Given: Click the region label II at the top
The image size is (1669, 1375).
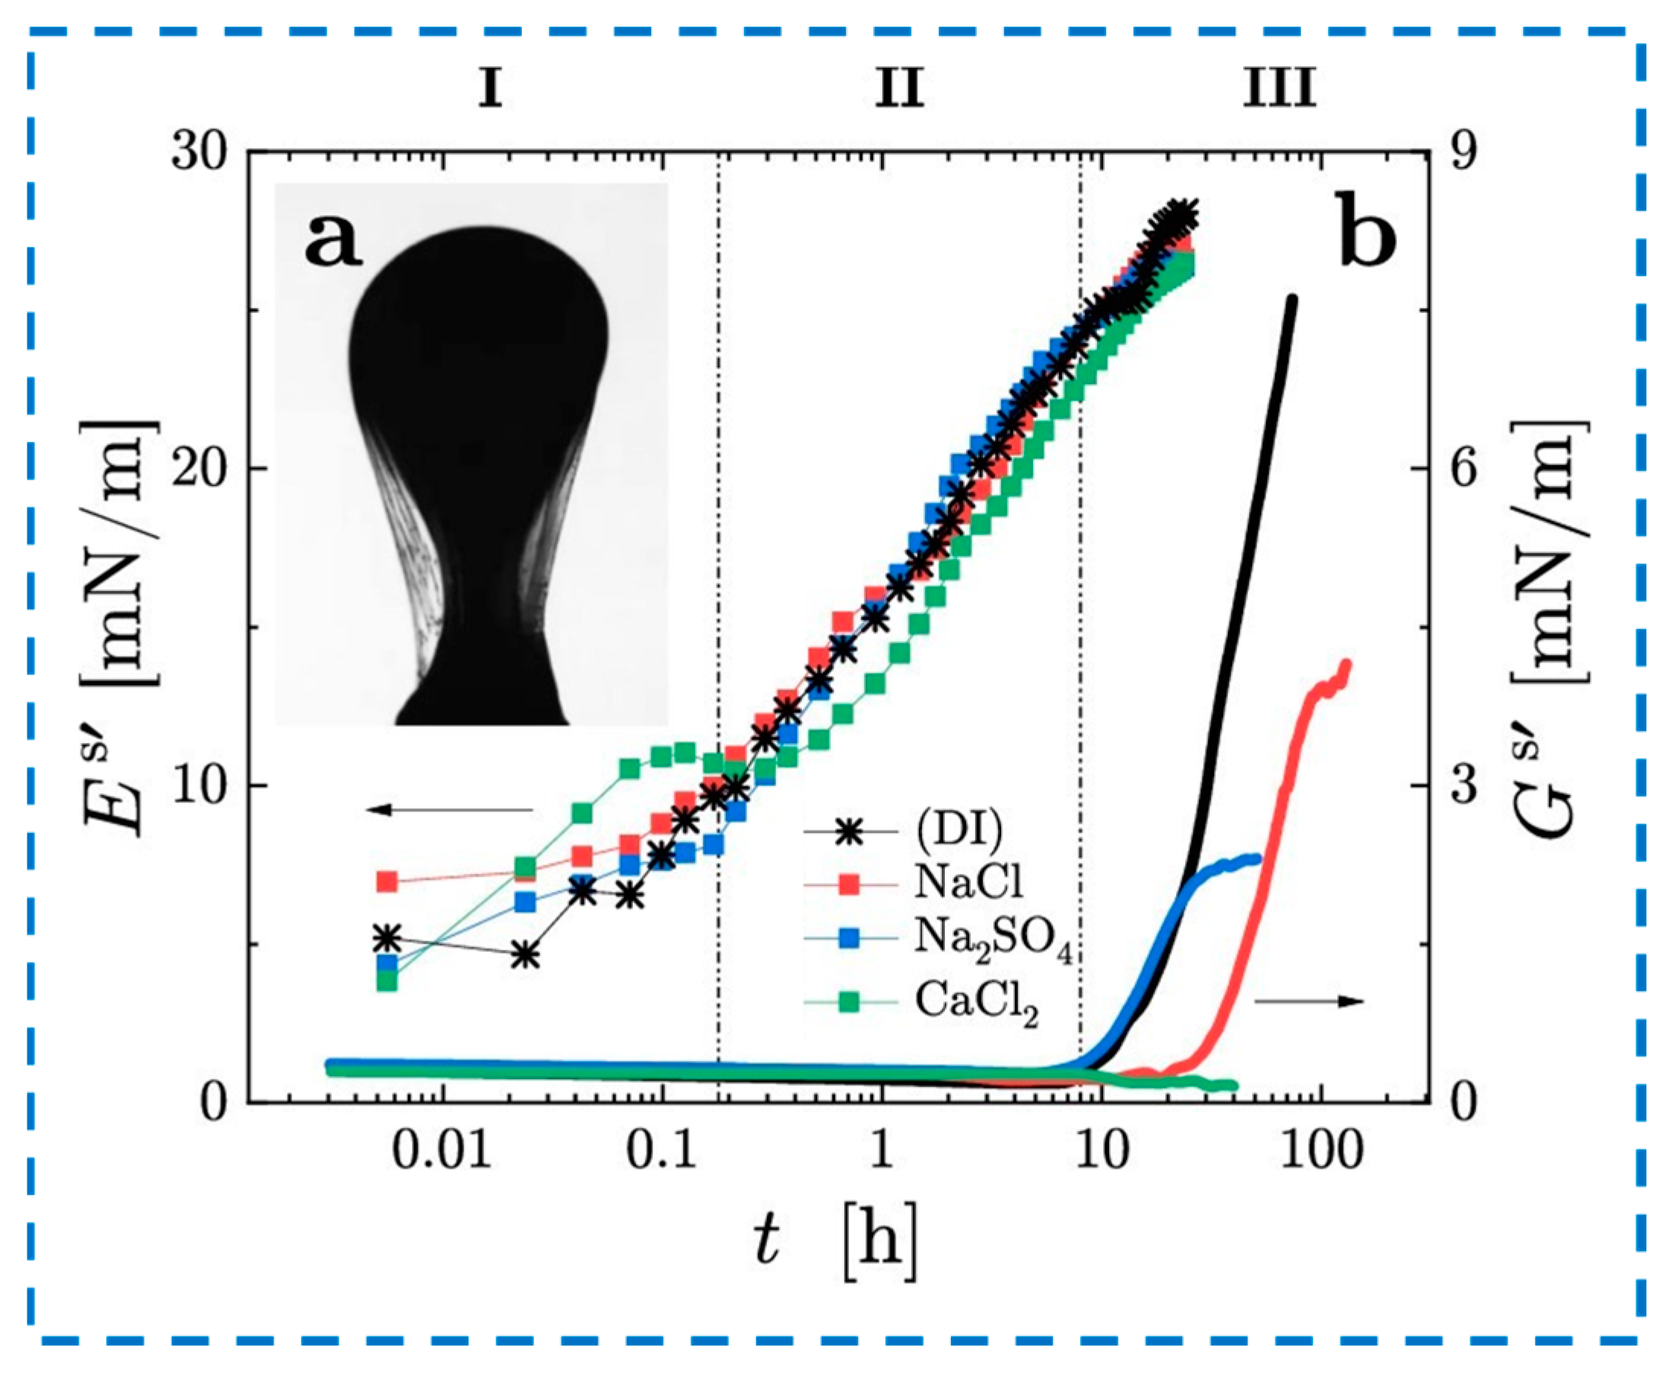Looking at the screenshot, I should click(899, 89).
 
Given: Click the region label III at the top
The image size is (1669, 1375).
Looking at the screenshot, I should click(1279, 89).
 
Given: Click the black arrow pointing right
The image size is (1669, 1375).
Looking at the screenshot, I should click(1308, 1002).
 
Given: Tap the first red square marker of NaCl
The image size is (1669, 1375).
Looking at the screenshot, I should click(386, 881).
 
